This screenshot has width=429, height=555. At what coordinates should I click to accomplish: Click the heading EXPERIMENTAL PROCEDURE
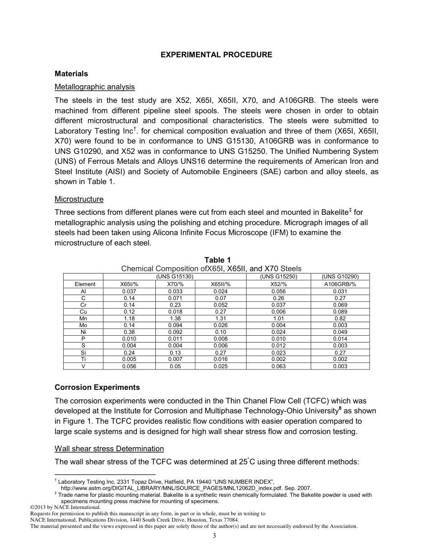216,55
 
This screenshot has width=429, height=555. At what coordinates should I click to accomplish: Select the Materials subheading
71,74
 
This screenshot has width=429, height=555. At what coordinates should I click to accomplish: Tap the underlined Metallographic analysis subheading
94,87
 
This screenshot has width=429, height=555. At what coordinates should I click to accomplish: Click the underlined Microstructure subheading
79,199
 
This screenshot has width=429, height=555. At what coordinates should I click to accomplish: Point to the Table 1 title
217,260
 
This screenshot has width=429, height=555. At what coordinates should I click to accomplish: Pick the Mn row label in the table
83,319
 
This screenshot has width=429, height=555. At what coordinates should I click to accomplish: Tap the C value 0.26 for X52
279,298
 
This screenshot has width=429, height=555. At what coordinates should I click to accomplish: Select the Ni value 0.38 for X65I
129,332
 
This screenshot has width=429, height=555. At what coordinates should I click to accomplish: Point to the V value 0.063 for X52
279,366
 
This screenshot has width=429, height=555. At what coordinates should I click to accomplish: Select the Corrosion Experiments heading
97,387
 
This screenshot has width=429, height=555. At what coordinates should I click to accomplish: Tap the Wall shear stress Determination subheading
109,449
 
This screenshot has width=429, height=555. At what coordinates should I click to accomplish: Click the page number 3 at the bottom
214,536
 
